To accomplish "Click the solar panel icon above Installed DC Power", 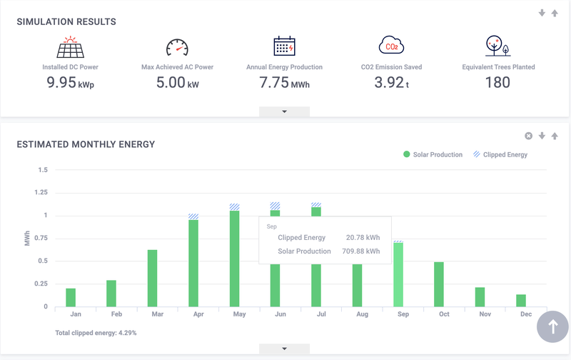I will point(70,46).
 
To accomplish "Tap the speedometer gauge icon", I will point(177,47).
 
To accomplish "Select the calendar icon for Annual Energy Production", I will point(284,46).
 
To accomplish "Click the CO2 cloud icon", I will point(391,46).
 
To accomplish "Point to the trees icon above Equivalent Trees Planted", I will point(497,46).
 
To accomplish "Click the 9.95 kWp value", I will point(70,82).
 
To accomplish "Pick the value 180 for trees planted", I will point(497,82).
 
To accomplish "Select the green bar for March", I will point(152,279).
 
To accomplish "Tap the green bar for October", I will point(439,284).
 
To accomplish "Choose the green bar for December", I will point(521,301).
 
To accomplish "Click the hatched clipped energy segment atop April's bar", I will point(193,216).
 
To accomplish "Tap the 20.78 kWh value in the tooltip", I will point(363,237).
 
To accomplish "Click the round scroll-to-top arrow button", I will point(552,326).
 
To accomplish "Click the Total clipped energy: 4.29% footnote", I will point(96,333).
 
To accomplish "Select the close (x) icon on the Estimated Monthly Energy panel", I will point(528,136).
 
